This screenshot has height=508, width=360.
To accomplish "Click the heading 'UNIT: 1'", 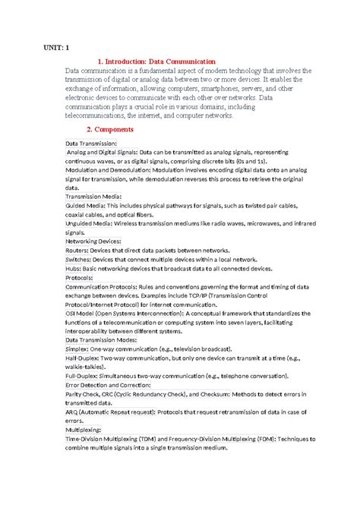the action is [55, 47].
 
